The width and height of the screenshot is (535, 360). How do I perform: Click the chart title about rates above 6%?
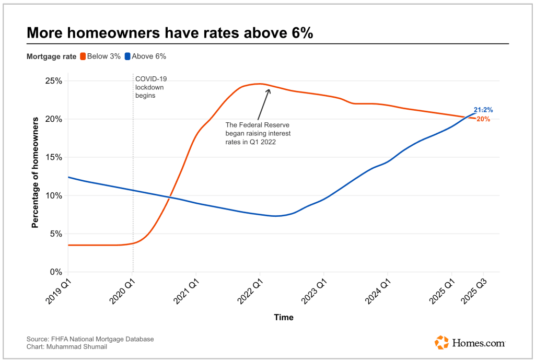coord(170,32)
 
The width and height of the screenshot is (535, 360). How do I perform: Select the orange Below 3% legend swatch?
coord(83,56)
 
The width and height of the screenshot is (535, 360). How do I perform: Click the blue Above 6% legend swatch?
coord(127,56)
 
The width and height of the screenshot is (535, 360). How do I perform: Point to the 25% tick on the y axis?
coord(54,81)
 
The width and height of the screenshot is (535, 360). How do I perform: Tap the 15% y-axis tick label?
coord(54,157)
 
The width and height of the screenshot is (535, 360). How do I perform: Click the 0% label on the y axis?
coord(56,272)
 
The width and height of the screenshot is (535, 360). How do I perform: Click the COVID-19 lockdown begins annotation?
coord(151,87)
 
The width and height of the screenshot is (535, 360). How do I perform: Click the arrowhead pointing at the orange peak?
coord(269,91)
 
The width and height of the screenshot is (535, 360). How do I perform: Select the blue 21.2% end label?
coord(483,110)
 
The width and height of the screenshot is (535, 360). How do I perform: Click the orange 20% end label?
coord(483,119)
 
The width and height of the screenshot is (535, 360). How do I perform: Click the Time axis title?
coord(284,317)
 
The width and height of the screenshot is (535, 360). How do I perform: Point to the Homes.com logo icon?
coord(441,343)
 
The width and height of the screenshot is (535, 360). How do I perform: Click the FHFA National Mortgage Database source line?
coord(90,339)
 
